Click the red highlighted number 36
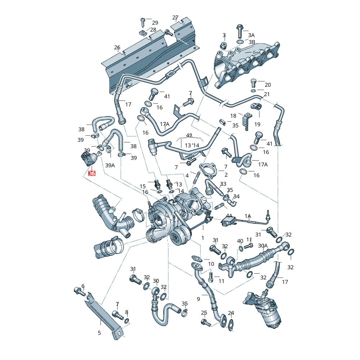tap(91, 173)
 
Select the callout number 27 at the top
tap(175, 18)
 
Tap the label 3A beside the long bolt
tap(251, 35)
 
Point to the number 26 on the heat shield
tap(117, 48)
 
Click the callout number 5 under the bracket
tap(99, 333)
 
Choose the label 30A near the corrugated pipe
tap(263, 246)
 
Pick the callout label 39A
tap(110, 165)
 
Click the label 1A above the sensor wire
tap(248, 216)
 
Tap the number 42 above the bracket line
tap(189, 135)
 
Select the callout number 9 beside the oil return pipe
tap(198, 299)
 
